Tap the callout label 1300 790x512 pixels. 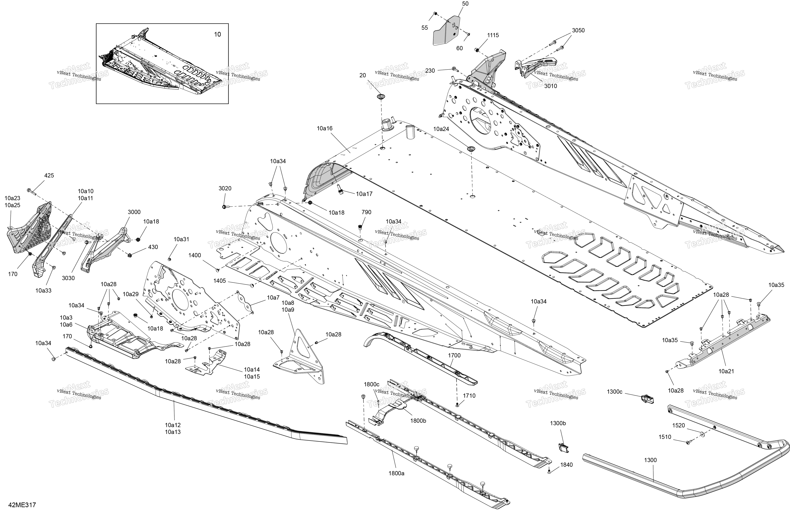[650, 460]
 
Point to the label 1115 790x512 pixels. [493, 35]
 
